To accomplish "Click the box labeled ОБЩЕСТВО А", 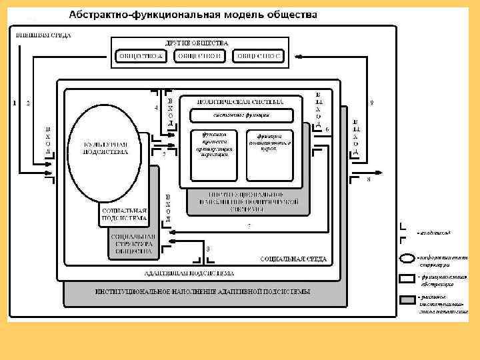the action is click(141, 56).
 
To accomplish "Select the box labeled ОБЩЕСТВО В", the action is click(199, 56).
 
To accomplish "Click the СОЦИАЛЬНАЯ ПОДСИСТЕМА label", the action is click(123, 213).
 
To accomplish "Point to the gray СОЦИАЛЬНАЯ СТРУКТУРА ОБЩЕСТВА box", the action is click(134, 244).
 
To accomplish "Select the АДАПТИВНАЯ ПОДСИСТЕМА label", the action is click(189, 273).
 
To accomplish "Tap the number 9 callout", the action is click(371, 102).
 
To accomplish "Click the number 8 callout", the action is click(369, 187).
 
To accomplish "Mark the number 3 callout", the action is click(208, 249).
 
